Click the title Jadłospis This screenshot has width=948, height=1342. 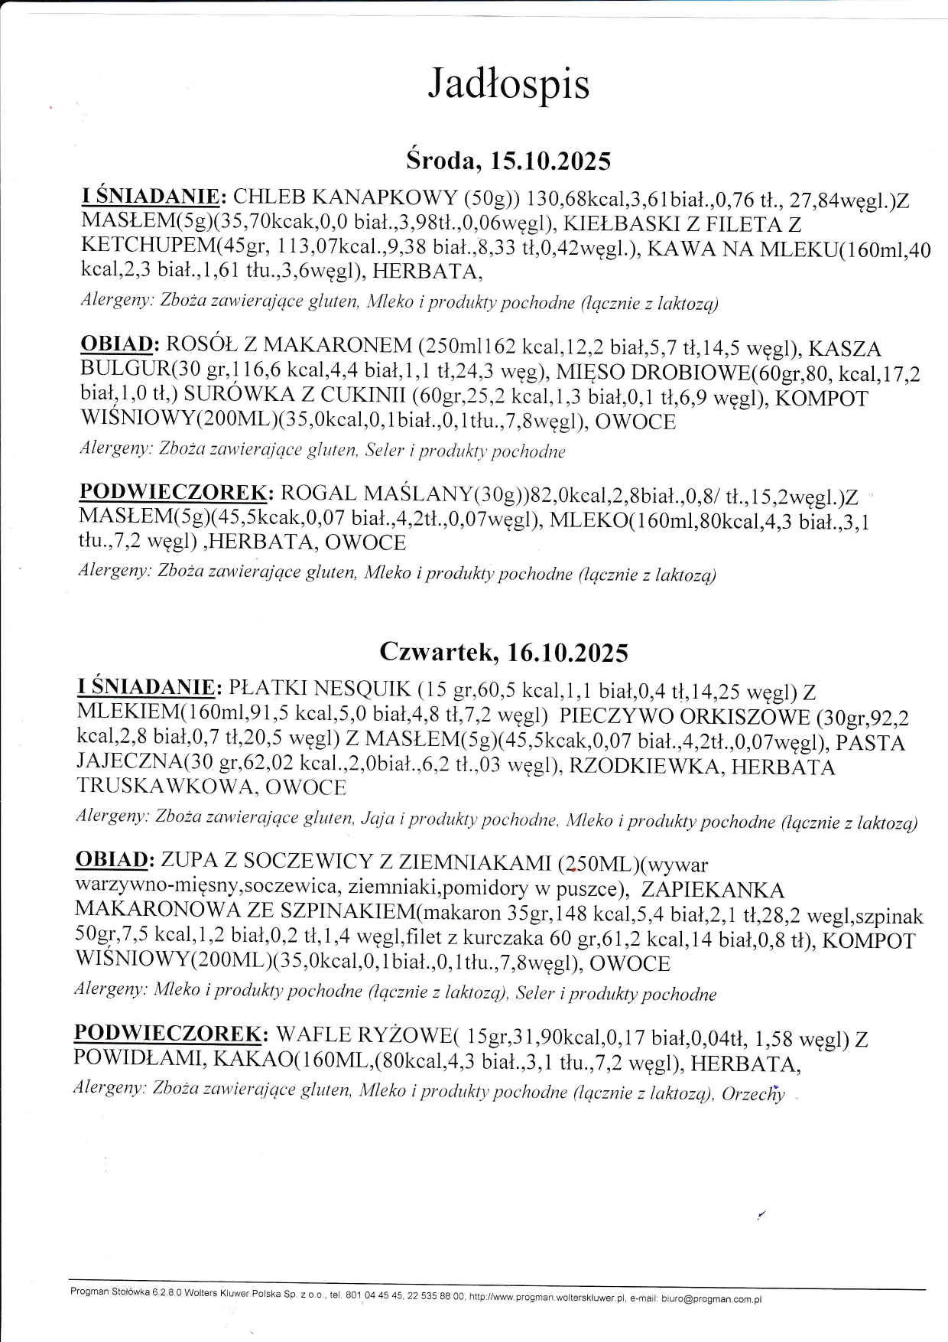pos(508,83)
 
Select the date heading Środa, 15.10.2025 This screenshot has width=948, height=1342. pos(508,161)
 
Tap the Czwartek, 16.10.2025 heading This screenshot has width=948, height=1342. pos(504,652)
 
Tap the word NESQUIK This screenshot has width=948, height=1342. pos(362,690)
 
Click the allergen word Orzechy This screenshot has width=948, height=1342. pos(753,1094)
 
